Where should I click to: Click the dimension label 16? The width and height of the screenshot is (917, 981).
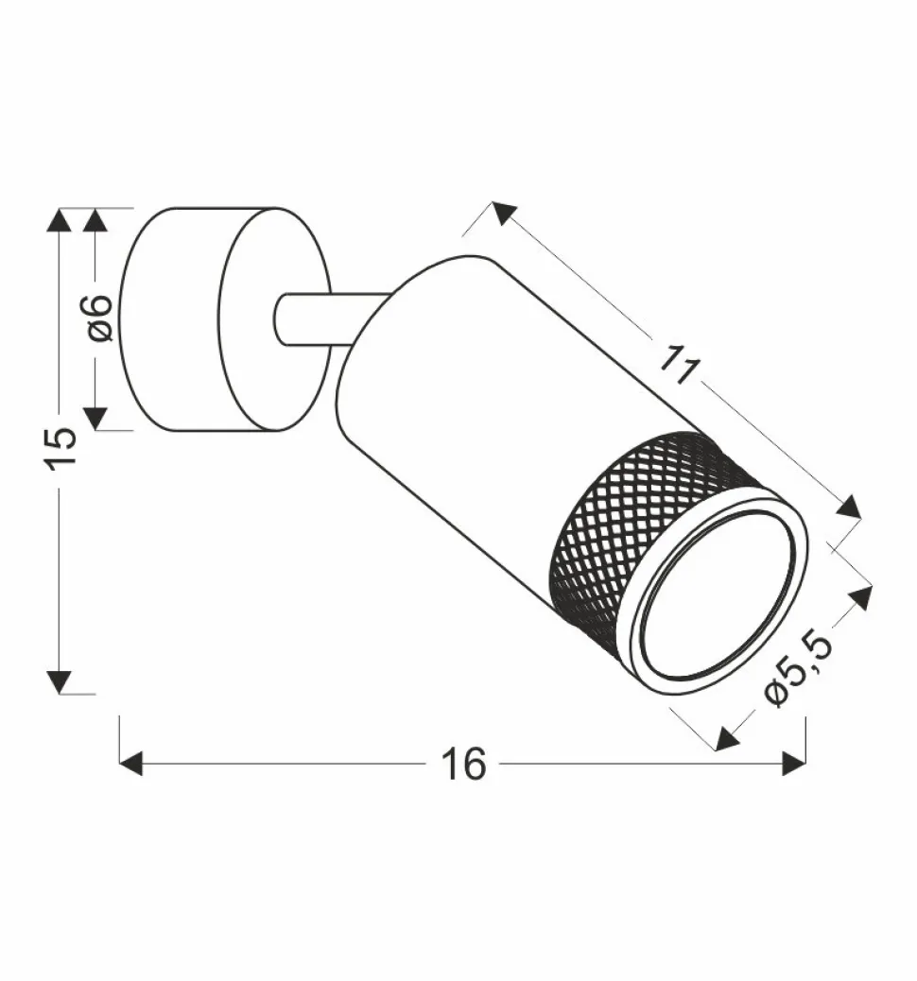[x=463, y=764]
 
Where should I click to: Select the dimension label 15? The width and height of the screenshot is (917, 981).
[x=61, y=448]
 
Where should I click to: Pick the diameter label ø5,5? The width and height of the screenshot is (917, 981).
[x=799, y=668]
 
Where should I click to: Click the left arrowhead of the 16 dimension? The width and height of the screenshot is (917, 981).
[x=130, y=764]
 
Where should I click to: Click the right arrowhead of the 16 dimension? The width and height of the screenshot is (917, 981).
[x=794, y=764]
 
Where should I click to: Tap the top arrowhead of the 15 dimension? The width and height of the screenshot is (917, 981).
[x=60, y=220]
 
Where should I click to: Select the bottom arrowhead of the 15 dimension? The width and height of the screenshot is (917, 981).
[x=60, y=682]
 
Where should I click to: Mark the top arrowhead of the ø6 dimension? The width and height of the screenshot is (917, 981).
[x=95, y=220]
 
